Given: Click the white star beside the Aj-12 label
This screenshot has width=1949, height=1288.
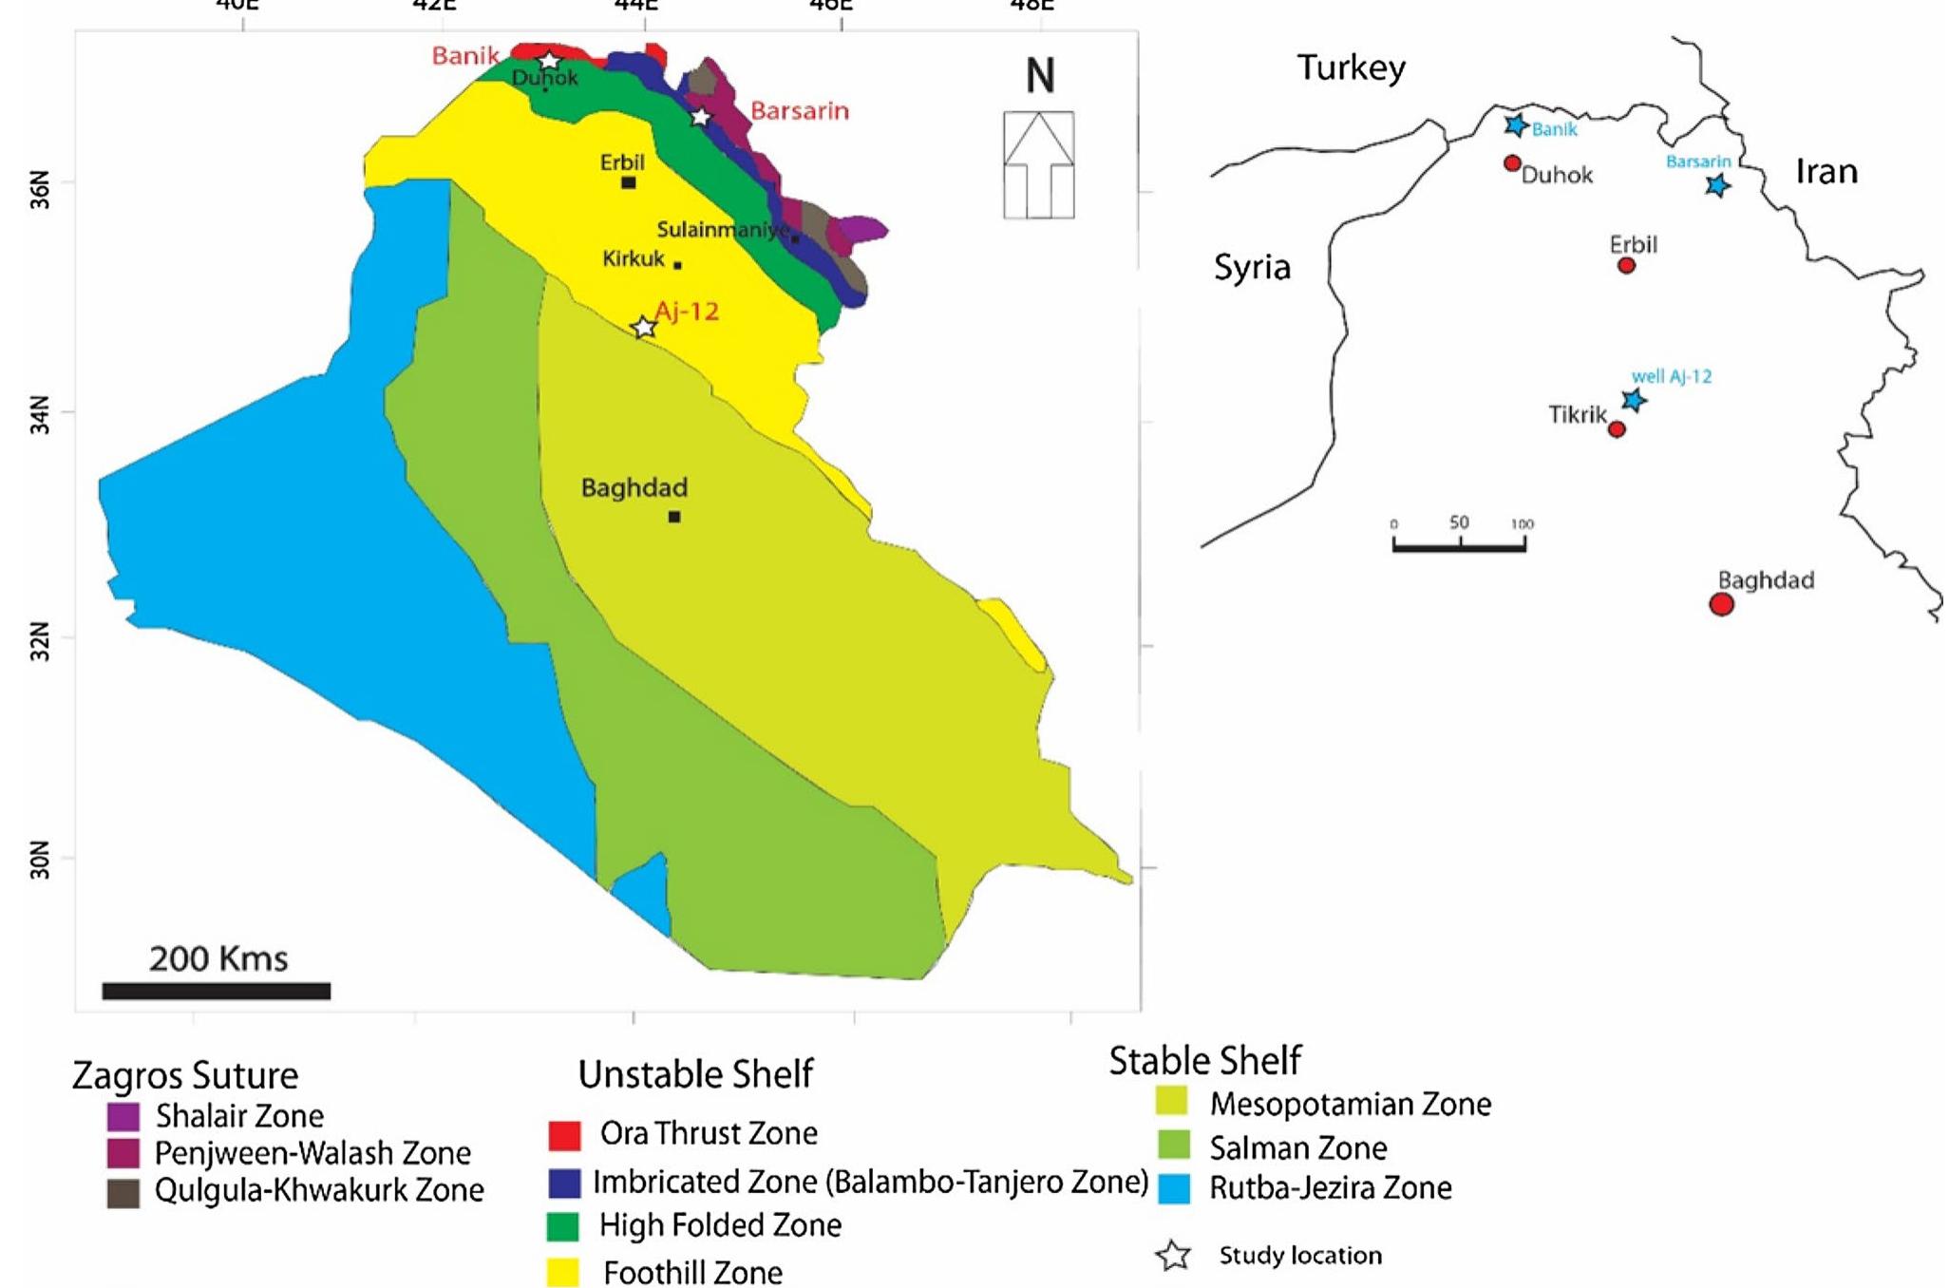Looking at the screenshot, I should click(644, 328).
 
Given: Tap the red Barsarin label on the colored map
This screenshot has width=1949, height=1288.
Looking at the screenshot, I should click(800, 111).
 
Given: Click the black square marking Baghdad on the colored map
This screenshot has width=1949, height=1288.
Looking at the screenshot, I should click(674, 517).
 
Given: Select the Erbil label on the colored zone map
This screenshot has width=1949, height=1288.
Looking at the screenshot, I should click(622, 162).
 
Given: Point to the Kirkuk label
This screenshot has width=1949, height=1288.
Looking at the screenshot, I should click(634, 258).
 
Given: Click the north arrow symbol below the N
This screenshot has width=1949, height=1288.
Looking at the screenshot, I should click(1039, 164).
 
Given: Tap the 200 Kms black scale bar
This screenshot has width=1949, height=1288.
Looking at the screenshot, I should click(217, 991).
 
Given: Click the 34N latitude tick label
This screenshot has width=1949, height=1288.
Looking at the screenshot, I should click(39, 415).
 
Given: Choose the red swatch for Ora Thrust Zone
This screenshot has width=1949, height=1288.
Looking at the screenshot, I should click(564, 1135).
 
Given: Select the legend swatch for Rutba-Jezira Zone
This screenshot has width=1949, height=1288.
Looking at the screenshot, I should click(1174, 1188).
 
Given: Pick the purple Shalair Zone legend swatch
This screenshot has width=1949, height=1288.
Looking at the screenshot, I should click(123, 1116).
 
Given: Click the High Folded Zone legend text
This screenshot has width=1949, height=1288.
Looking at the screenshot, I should click(720, 1225).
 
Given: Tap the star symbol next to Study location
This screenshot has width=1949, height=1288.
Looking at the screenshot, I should click(1174, 1256).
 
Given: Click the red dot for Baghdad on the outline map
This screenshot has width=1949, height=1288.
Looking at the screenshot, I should click(1721, 604).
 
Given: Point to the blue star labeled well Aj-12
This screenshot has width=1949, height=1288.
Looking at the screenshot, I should click(1634, 400).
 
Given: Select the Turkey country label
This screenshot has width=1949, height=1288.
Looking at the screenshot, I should click(1351, 68).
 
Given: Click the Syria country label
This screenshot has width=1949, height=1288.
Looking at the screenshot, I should click(1252, 268).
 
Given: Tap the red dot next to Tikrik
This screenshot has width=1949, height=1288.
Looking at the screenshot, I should click(1617, 429).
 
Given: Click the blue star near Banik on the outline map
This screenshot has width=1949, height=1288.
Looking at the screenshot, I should click(1516, 124).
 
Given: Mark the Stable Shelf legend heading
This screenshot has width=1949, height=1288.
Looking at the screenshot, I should click(1204, 1061).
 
